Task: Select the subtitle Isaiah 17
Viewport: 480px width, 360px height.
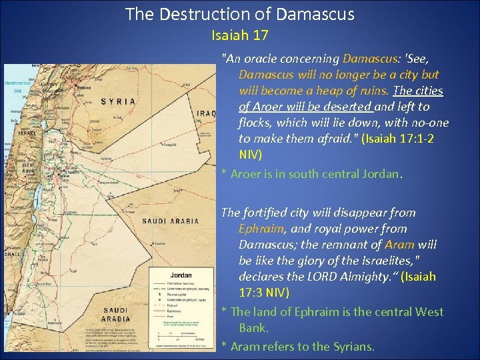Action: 239,34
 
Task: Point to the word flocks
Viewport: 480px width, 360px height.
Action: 257,123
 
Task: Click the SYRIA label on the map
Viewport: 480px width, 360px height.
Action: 118,101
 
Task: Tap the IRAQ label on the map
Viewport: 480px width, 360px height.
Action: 206,113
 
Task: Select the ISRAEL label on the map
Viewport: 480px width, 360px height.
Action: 27,132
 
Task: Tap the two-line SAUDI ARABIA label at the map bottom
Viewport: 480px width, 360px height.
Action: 117,313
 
